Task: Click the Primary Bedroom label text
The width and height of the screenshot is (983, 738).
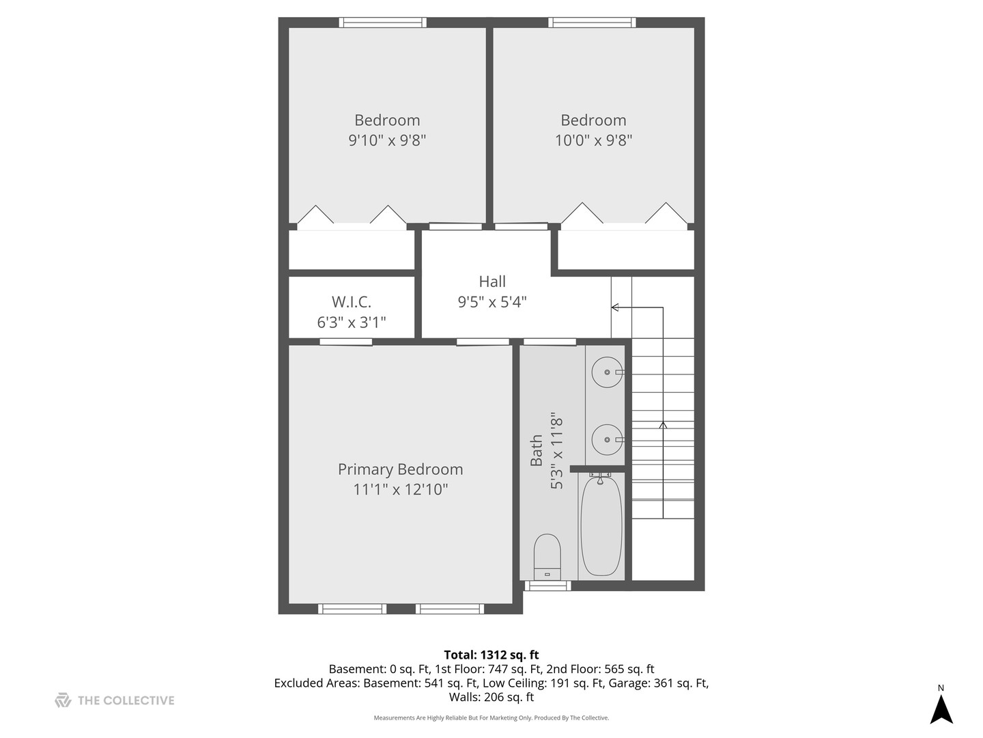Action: (x=400, y=469)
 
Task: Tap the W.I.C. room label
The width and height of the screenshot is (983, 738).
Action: (x=352, y=302)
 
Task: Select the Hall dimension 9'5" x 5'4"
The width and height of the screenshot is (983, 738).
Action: (x=492, y=302)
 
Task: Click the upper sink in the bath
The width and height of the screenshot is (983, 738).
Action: (x=607, y=372)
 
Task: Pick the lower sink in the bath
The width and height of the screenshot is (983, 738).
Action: (x=607, y=439)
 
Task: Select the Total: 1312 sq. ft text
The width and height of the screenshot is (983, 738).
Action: (x=491, y=655)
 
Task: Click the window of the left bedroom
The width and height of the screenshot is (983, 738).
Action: (x=383, y=23)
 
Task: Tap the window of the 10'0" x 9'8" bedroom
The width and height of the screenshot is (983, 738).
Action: (x=592, y=23)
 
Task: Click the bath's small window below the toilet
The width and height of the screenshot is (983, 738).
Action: (x=547, y=586)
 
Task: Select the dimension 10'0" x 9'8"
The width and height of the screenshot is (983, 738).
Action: (x=593, y=141)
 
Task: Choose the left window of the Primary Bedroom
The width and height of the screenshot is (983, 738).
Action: (x=353, y=608)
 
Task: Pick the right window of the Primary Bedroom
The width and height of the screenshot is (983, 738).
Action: (x=450, y=608)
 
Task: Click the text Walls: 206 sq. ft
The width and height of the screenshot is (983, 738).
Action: (x=491, y=697)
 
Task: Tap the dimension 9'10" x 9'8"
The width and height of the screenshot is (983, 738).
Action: (x=387, y=141)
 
